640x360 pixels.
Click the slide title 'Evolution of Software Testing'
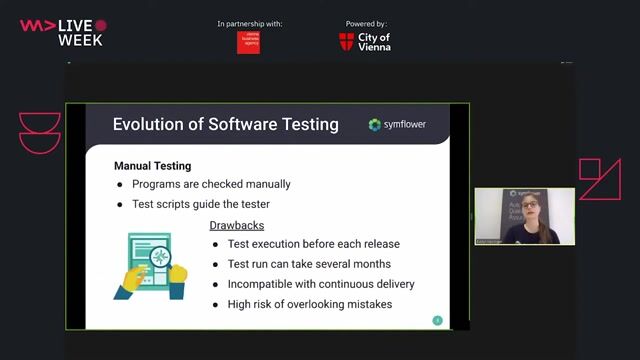click(225, 125)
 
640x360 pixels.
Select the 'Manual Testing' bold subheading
click(152, 165)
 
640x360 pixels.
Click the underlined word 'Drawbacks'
click(237, 225)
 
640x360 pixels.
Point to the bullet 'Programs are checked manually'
click(211, 184)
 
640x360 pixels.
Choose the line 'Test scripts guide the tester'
click(201, 204)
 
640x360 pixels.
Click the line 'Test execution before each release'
click(313, 244)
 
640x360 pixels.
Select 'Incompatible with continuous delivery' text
click(321, 284)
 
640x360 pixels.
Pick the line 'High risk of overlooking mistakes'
click(310, 304)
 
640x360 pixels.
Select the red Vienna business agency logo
click(248, 42)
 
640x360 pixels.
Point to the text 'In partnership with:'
click(249, 23)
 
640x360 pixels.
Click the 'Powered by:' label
click(366, 23)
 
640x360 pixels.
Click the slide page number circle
click(437, 320)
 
